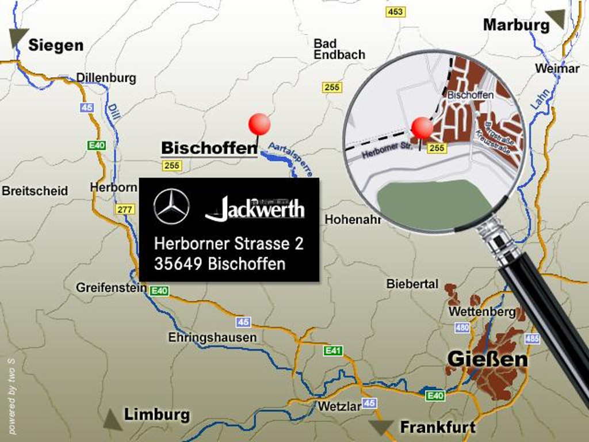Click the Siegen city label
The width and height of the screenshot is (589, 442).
[56, 45]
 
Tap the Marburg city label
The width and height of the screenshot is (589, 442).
[516, 25]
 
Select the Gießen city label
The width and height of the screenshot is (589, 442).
[487, 359]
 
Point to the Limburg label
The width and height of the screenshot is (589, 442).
[156, 414]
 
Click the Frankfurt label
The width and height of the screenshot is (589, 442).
[438, 427]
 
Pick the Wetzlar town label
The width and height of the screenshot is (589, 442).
[339, 406]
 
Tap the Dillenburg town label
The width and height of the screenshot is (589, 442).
[106, 78]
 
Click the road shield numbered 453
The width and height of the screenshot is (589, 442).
[396, 12]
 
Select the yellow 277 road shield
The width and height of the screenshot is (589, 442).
[125, 209]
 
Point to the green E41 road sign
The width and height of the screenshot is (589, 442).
[334, 350]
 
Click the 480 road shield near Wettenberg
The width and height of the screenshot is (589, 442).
[462, 327]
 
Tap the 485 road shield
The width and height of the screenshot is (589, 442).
[532, 338]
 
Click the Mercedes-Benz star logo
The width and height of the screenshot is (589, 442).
[171, 207]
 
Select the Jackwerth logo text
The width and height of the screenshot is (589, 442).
[255, 208]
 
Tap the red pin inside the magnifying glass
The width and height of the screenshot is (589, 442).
[422, 128]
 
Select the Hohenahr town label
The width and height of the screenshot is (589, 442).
[353, 219]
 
